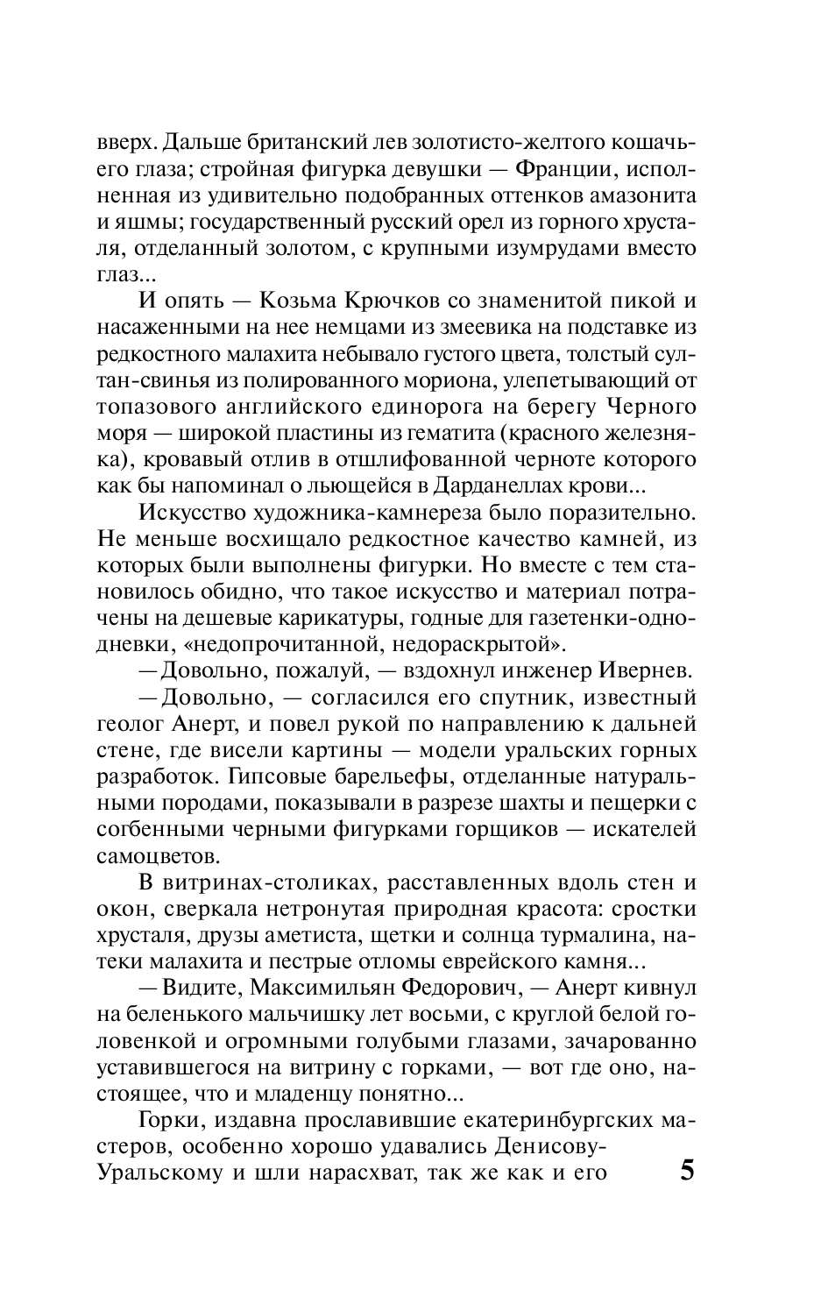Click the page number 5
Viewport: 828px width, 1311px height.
(686, 1171)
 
